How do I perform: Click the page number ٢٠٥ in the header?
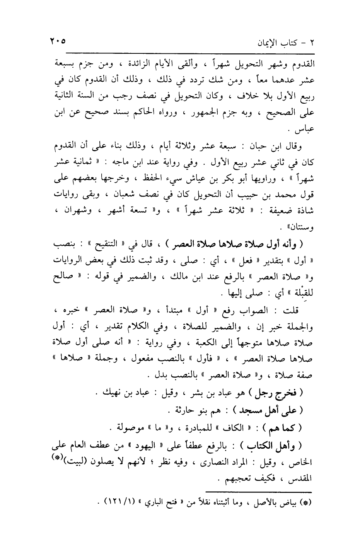pos(57,40)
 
